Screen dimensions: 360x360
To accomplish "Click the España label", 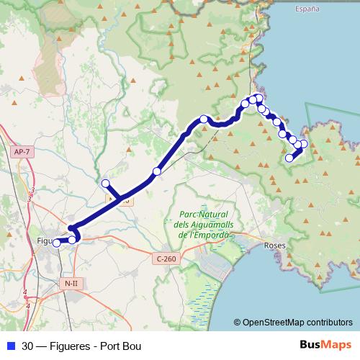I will coord(308,9).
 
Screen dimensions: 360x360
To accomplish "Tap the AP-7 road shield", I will coord(22,152).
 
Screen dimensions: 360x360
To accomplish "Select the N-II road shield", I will coord(71,283).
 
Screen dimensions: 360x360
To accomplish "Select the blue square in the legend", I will coord(11,346).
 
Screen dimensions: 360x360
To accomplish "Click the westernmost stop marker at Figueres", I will coord(57,243).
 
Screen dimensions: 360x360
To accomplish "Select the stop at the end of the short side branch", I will coord(106,183).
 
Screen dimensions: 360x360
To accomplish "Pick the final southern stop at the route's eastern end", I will coord(289,158).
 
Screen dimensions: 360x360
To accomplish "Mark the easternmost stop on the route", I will coord(304,143).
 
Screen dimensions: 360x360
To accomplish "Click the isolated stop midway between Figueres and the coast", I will coord(157,171).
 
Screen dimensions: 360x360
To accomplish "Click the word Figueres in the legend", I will coord(71,346).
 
